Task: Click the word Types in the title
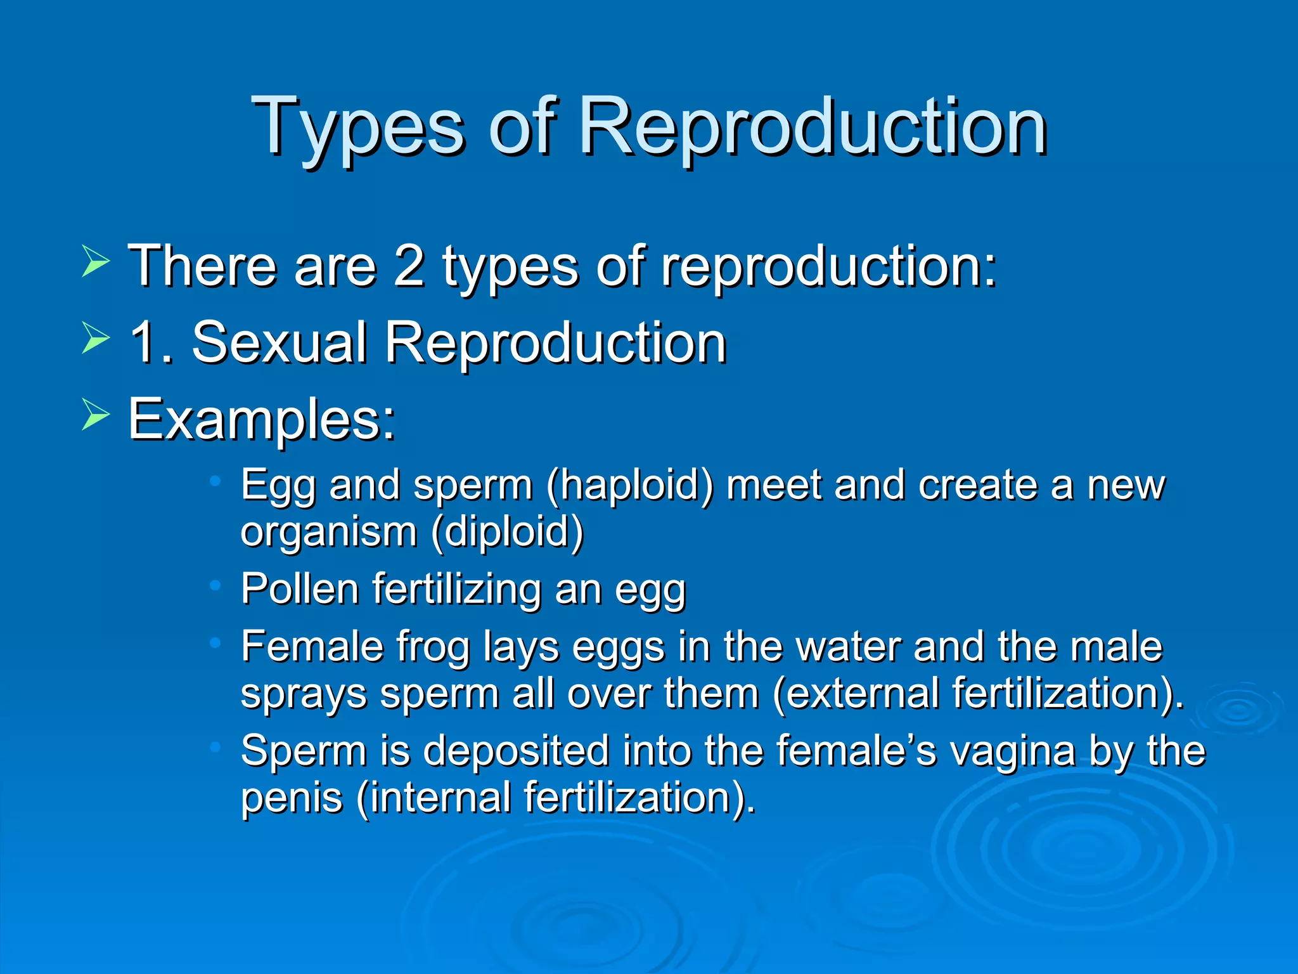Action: pyautogui.click(x=358, y=127)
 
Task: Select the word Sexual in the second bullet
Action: pyautogui.click(x=279, y=343)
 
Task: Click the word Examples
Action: pyautogui.click(x=262, y=420)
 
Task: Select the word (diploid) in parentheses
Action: pyautogui.click(x=507, y=533)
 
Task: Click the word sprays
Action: pyautogui.click(x=304, y=695)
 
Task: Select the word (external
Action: pyautogui.click(x=856, y=694)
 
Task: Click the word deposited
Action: pyautogui.click(x=516, y=751)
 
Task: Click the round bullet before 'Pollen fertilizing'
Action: pyautogui.click(x=215, y=586)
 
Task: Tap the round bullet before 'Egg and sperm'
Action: pyautogui.click(x=215, y=482)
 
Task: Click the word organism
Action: pyautogui.click(x=328, y=533)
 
